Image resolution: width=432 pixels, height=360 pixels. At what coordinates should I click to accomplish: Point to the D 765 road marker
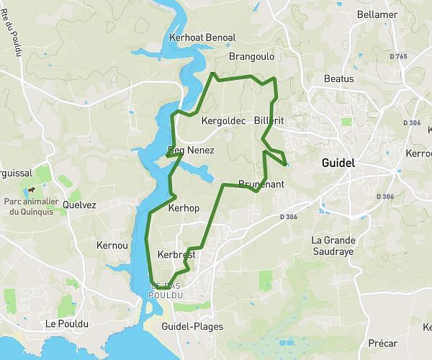click(397, 55)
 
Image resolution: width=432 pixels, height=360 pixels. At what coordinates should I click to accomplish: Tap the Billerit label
click(270, 122)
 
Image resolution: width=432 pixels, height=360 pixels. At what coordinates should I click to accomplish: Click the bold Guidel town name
click(338, 163)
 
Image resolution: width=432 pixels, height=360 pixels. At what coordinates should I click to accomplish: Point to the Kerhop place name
click(183, 207)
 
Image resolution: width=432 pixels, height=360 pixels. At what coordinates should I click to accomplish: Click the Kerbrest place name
click(177, 254)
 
